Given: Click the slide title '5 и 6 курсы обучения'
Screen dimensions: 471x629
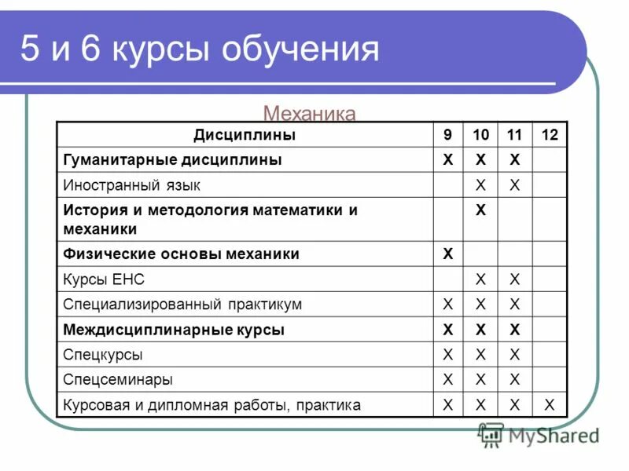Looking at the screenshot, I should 200,49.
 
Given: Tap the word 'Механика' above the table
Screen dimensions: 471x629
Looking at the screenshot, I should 309,114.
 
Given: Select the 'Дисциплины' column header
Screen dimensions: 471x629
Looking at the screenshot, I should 245,135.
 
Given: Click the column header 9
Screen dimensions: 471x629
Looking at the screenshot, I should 448,135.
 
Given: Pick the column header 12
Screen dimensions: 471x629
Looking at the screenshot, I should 550,135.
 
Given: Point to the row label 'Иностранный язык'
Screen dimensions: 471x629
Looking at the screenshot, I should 131,185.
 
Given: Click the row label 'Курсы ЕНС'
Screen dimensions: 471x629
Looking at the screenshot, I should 104,279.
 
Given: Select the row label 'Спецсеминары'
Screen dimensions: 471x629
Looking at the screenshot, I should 118,380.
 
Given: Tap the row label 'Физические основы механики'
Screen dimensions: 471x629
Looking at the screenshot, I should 181,254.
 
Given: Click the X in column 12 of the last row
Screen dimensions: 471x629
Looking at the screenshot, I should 550,405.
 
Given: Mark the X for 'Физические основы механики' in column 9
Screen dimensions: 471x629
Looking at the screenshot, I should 448,254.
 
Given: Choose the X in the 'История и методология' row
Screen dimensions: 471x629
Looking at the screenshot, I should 482,210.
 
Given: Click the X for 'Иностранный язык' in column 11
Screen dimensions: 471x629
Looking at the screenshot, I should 515,185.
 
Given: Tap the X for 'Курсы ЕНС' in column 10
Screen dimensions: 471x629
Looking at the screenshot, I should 482,279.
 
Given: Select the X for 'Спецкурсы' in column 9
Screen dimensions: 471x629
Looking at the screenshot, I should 448,355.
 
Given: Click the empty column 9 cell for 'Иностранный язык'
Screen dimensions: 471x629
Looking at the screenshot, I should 448,185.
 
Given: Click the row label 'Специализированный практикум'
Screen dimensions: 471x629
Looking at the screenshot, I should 182,305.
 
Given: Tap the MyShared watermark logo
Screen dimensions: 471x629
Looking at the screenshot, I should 539,434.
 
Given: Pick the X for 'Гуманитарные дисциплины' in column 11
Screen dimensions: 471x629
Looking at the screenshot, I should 515,160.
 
